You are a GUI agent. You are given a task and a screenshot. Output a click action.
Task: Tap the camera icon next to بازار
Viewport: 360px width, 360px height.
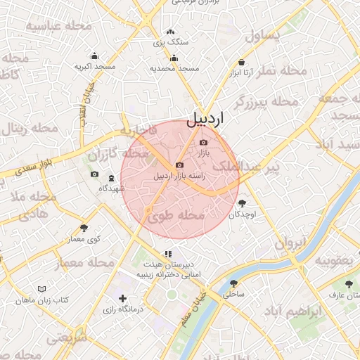tap(204, 143)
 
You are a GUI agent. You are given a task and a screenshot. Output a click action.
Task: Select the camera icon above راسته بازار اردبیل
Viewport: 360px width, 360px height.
tap(179, 165)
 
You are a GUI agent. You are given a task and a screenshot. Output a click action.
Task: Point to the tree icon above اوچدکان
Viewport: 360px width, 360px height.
tap(243, 203)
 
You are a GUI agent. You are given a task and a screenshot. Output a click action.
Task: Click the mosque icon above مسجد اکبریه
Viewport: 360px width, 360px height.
tap(95, 56)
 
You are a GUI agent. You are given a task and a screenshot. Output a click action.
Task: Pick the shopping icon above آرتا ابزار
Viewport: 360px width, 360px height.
tap(241, 61)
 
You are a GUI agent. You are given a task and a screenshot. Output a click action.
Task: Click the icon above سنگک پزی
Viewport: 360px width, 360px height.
tap(170, 32)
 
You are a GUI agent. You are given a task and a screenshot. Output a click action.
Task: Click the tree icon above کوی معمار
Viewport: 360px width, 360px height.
tap(84, 228)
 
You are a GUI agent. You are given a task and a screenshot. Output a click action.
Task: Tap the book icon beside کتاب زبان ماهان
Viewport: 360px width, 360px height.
tap(41, 290)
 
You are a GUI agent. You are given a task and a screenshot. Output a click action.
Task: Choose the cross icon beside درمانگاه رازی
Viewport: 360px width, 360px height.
tap(124, 299)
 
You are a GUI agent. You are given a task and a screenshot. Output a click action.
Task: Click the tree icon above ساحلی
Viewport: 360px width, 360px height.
tap(233, 283)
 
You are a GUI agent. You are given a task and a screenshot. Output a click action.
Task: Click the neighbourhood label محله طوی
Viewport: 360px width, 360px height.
tap(176, 217)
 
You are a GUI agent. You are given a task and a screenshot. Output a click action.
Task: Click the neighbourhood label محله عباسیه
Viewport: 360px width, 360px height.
tap(59, 25)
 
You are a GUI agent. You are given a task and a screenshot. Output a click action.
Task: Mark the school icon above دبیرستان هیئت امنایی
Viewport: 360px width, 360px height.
tap(168, 253)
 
